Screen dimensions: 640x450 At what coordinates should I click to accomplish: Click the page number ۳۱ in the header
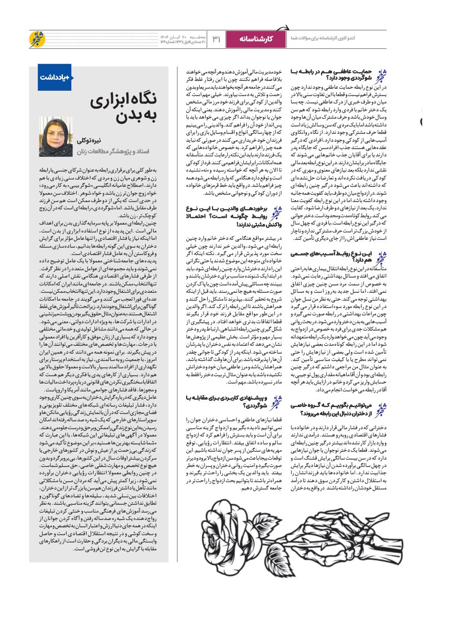point(216,39)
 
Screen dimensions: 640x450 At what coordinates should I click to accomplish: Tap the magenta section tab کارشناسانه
point(256,39)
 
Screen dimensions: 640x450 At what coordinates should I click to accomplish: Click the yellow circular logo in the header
point(39,39)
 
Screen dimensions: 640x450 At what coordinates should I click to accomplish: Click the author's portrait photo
point(56,136)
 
